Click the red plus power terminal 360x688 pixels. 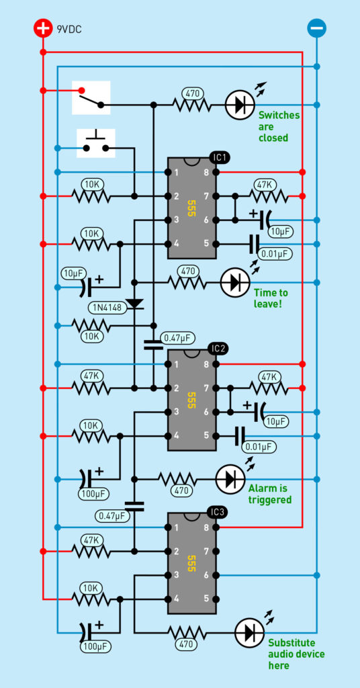[x=43, y=29]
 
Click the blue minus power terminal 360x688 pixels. [x=316, y=29]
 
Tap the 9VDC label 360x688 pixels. [x=69, y=30]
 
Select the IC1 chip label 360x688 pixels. [x=220, y=157]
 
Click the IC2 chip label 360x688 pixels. [x=218, y=349]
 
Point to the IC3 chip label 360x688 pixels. [x=218, y=511]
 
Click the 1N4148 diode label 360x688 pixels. [x=107, y=307]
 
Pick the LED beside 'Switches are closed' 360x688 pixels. [x=240, y=105]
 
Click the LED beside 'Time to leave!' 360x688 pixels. [x=234, y=282]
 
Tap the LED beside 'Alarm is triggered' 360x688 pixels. [x=230, y=479]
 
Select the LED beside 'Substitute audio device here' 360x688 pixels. [x=250, y=633]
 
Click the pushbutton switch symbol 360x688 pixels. [x=95, y=144]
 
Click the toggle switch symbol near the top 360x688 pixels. [x=91, y=97]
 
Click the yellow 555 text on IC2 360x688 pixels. [x=191, y=398]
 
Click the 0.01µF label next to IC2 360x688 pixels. [x=259, y=447]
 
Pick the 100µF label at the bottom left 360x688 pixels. [x=95, y=646]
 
